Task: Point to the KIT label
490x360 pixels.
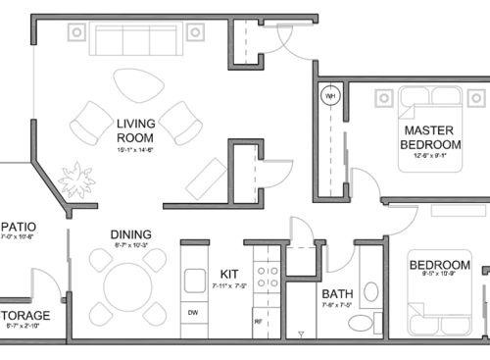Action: click(x=229, y=273)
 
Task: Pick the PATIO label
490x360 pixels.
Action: click(x=18, y=224)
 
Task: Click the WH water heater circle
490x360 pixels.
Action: click(x=330, y=96)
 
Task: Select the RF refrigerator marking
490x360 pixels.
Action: click(x=258, y=321)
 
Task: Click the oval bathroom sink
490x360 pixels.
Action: click(x=371, y=292)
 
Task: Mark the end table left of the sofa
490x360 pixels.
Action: click(x=75, y=31)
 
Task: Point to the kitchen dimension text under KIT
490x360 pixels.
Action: click(x=229, y=286)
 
